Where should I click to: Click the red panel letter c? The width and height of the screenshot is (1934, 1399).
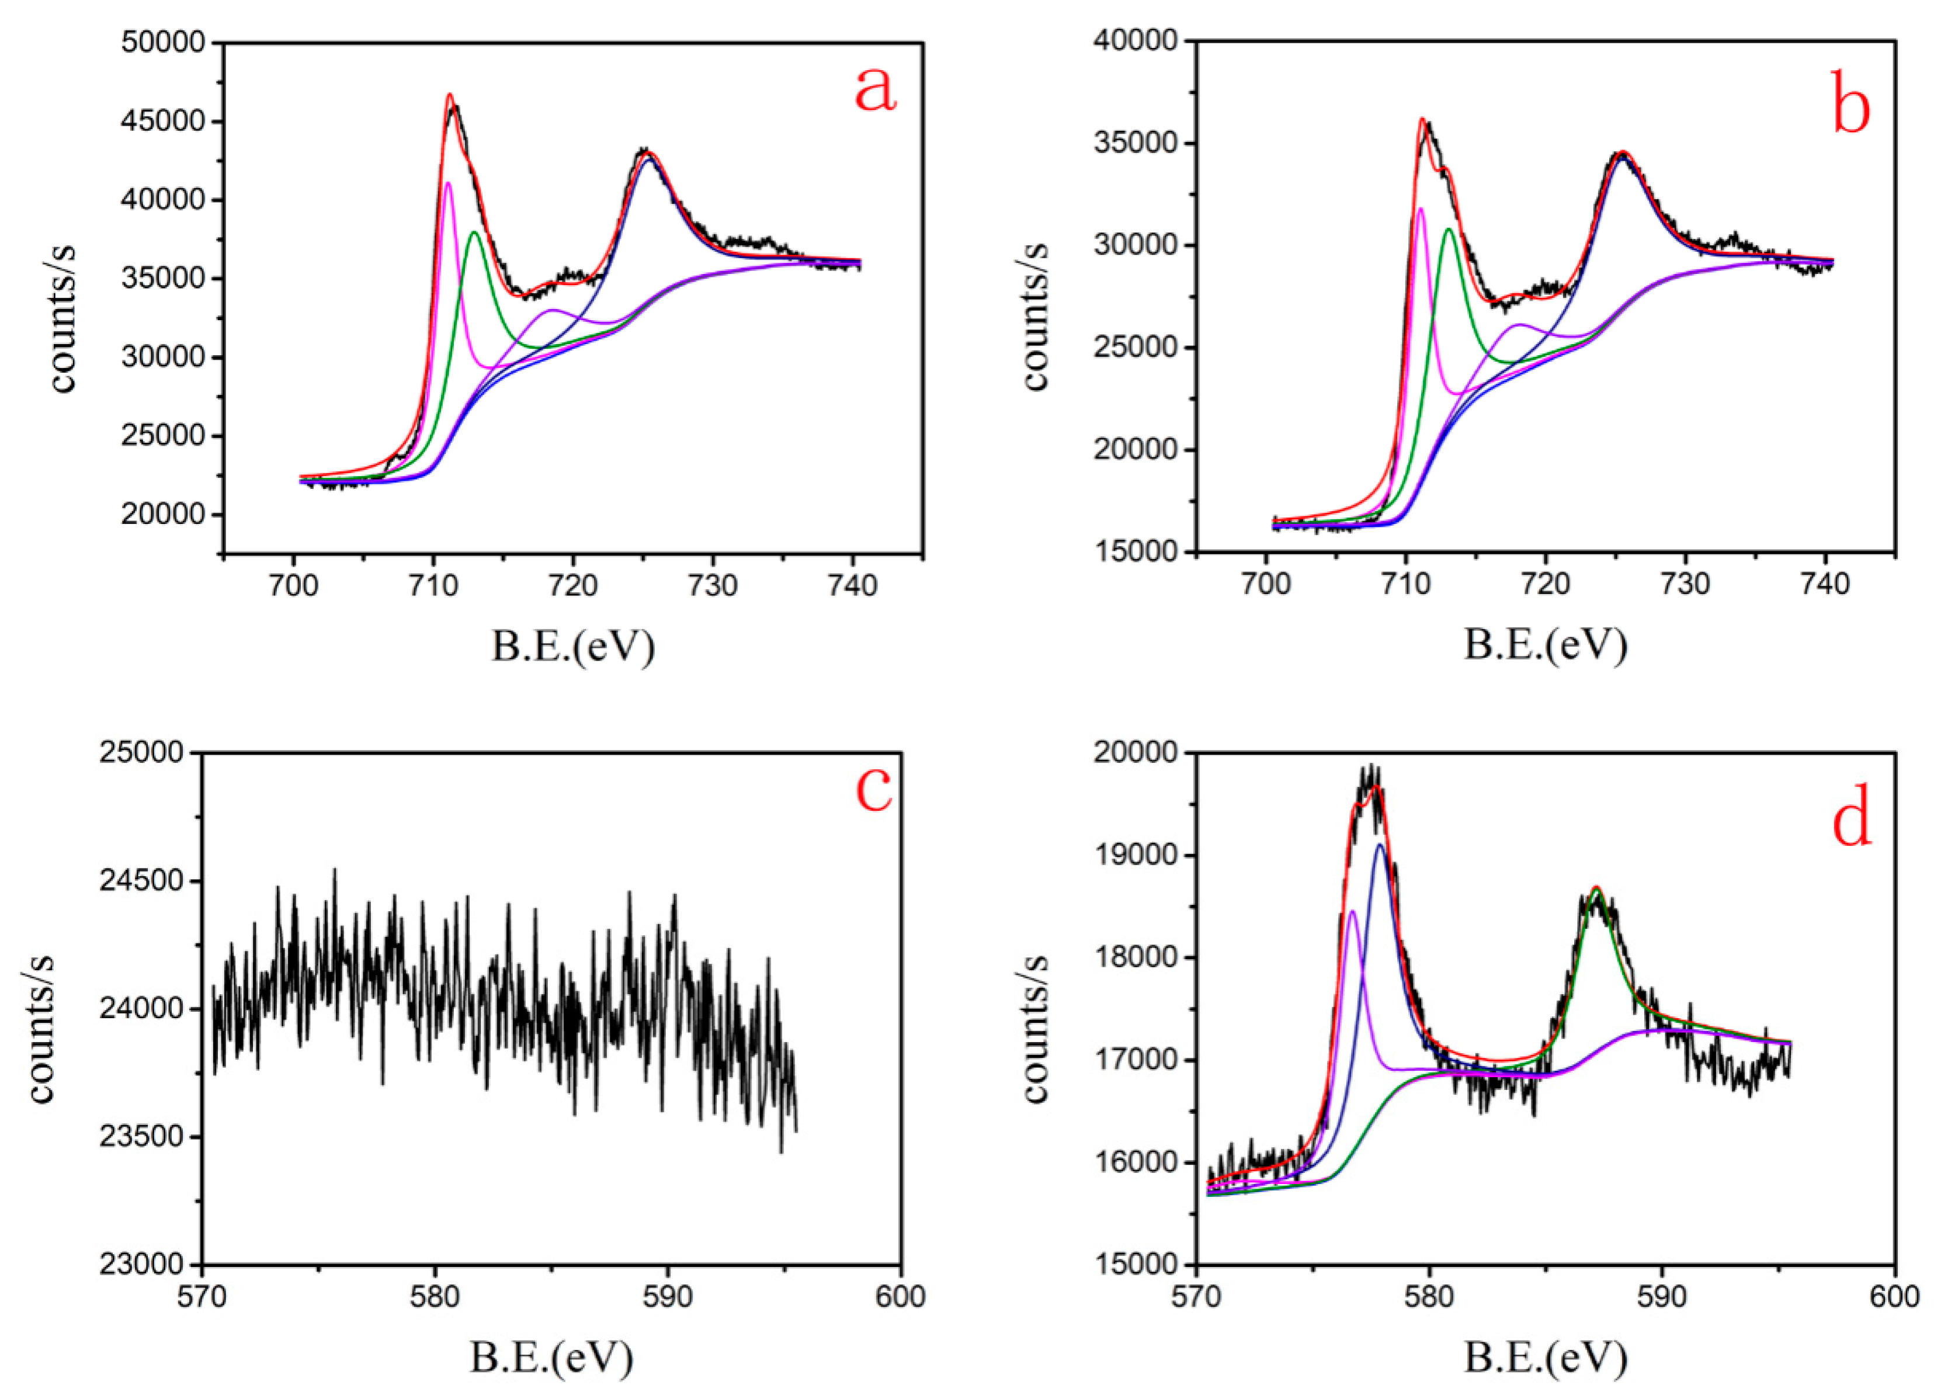(x=874, y=788)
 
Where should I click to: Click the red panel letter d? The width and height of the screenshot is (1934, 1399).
(x=1852, y=820)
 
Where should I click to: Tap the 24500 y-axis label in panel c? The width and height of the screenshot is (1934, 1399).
(x=141, y=880)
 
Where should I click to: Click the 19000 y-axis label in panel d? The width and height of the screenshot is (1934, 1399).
(x=1137, y=855)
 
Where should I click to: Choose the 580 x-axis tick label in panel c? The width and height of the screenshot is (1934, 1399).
(x=435, y=1296)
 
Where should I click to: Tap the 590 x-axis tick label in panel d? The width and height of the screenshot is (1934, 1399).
(x=1663, y=1296)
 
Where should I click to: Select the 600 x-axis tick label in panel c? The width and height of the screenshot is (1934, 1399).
(x=901, y=1296)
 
